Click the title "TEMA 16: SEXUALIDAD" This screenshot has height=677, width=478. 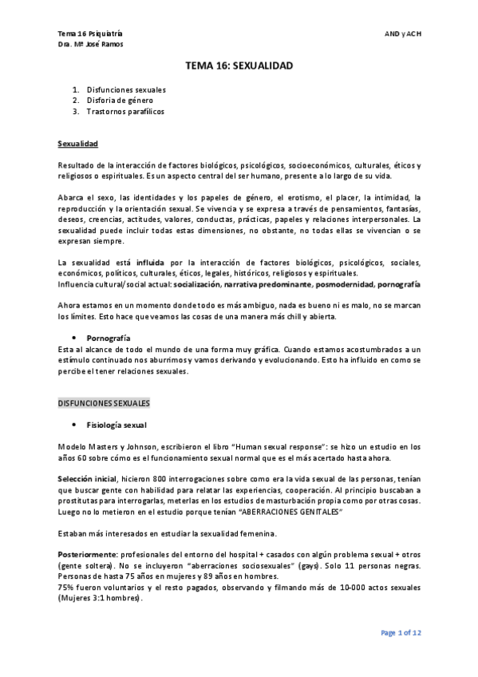tap(239, 69)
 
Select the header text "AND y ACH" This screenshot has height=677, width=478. tap(403, 33)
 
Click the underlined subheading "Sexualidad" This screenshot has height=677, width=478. tap(77, 144)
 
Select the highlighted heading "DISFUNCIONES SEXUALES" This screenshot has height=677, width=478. tap(104, 403)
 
